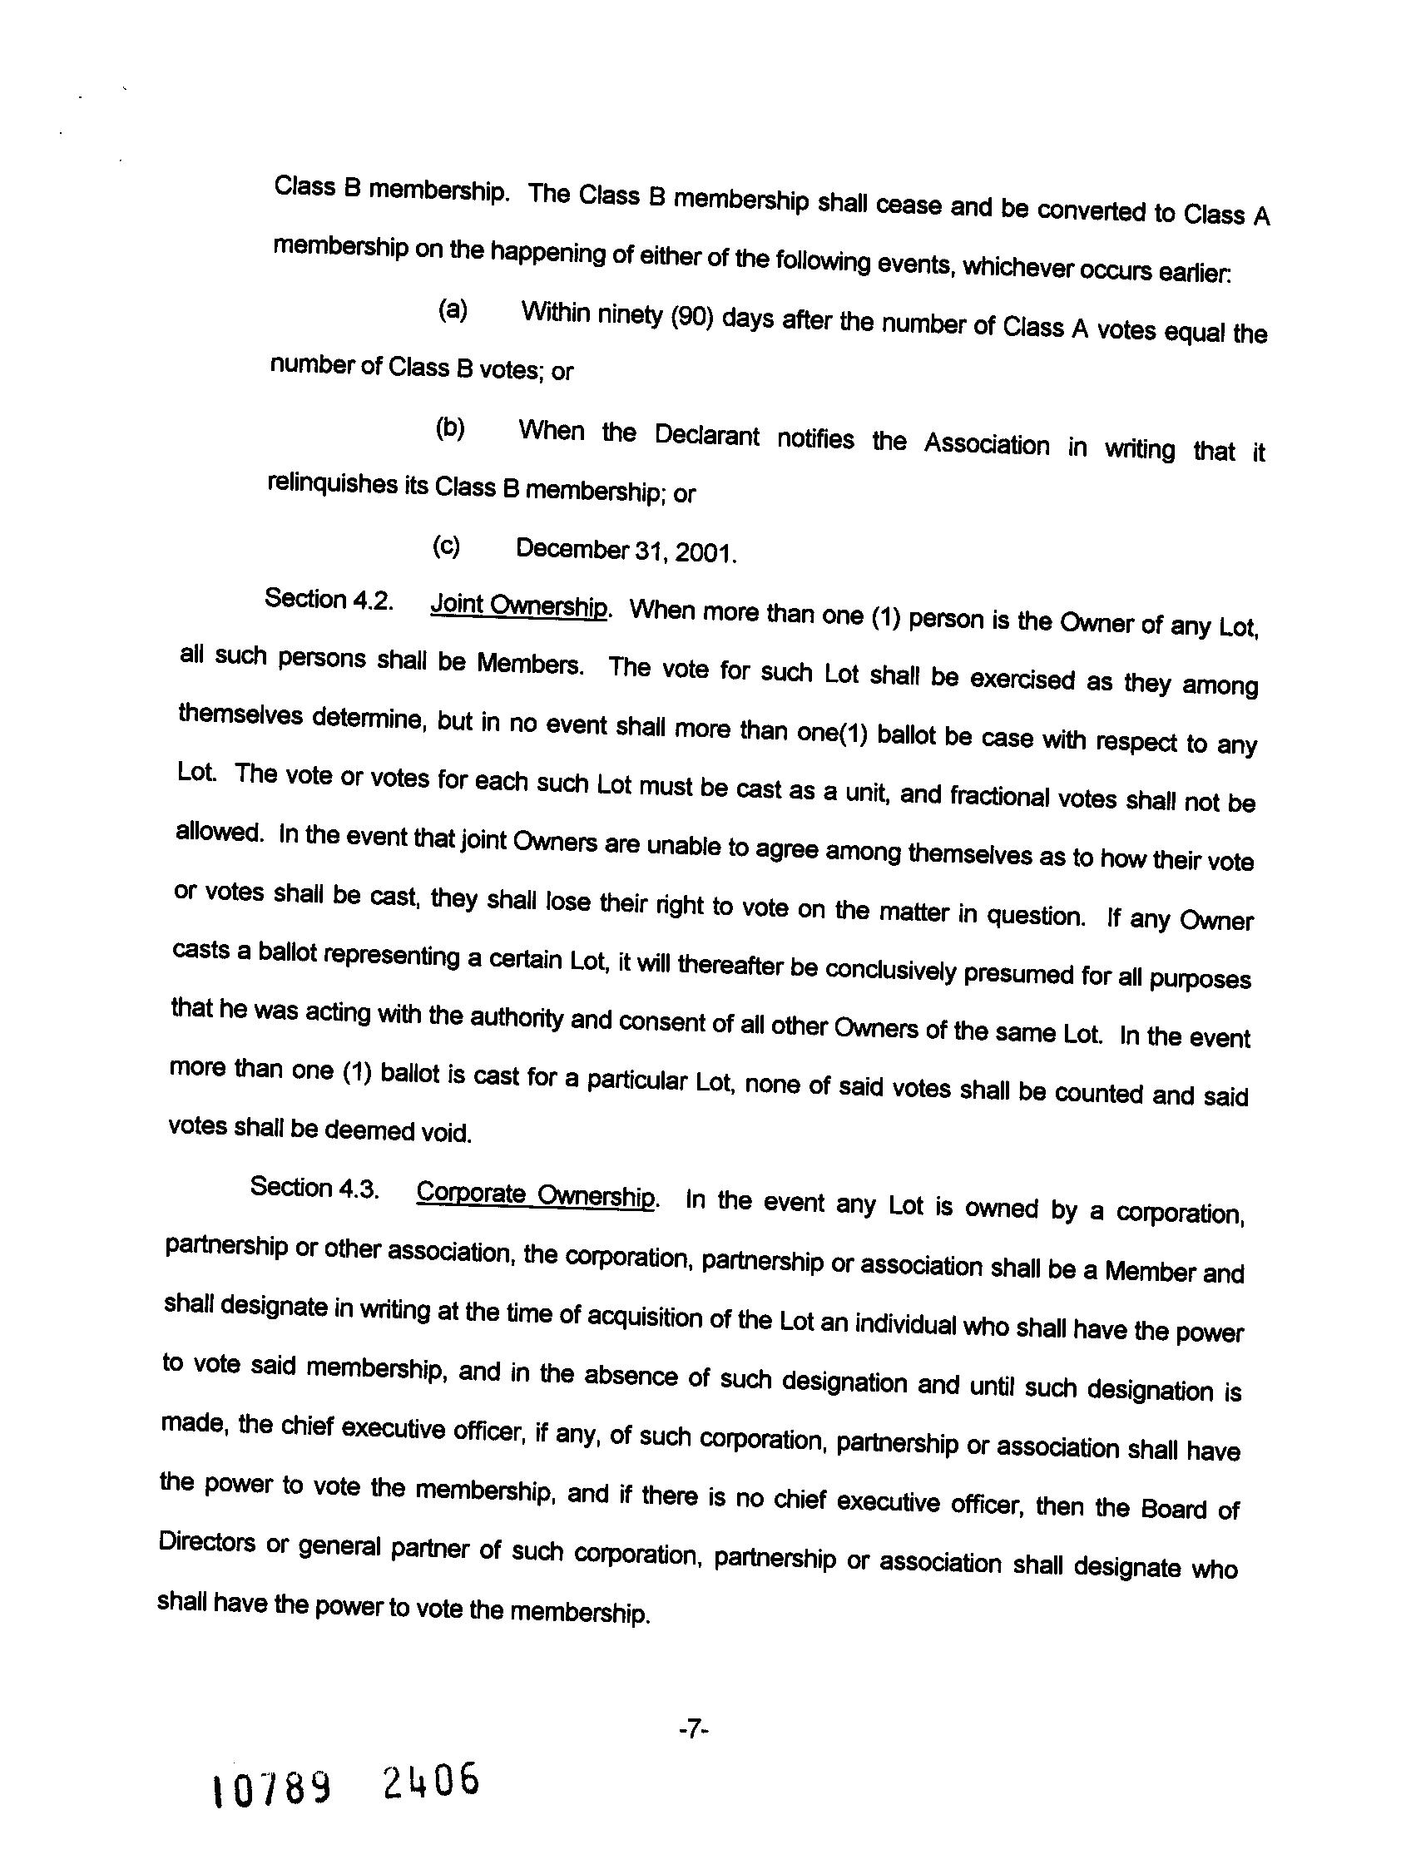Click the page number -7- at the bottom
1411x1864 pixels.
[x=693, y=1730]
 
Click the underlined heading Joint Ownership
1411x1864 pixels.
[x=518, y=606]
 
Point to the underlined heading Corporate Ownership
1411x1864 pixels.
[x=536, y=1195]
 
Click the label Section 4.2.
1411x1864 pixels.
[x=329, y=600]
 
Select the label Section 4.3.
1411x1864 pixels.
[x=314, y=1188]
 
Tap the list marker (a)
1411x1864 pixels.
[x=453, y=310]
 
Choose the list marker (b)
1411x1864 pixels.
[x=450, y=429]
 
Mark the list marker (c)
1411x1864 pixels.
[x=447, y=547]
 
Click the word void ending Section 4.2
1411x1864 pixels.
[x=445, y=1133]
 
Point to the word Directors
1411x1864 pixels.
[x=206, y=1543]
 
